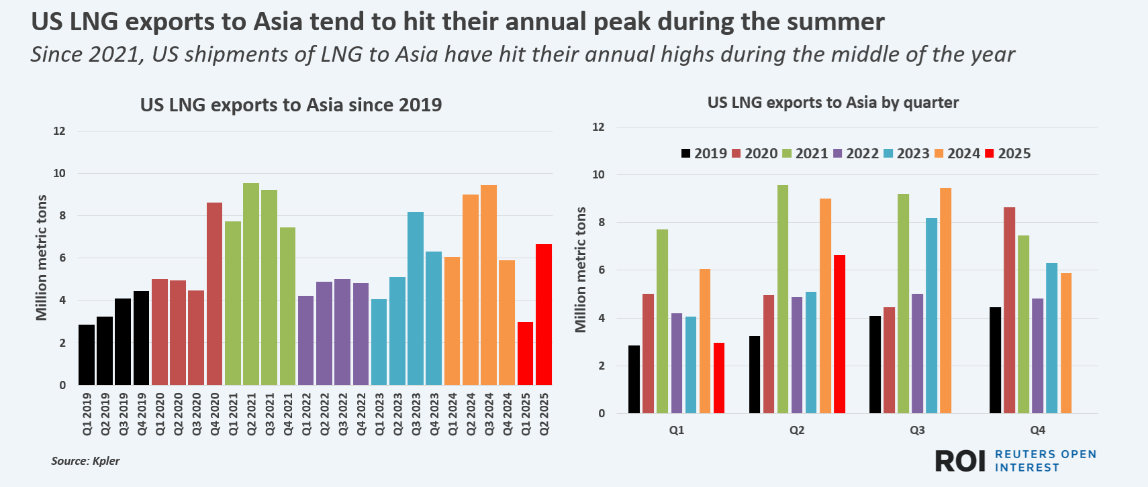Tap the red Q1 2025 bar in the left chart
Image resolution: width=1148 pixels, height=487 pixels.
(525, 354)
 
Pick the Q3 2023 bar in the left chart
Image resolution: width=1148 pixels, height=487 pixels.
(416, 299)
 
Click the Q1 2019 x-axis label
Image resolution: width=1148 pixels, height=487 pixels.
(87, 414)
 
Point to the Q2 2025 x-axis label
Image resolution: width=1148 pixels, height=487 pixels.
(544, 414)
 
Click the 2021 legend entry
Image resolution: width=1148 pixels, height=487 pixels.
(805, 154)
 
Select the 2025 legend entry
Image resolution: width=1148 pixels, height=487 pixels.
(1008, 154)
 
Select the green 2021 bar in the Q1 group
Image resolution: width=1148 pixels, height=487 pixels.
(662, 321)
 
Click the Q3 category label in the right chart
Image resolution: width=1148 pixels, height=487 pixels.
(917, 430)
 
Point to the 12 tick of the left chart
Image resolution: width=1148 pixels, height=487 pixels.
(60, 131)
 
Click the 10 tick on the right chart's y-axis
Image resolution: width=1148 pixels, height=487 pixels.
(597, 175)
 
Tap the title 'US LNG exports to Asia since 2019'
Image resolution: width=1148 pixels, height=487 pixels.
(291, 105)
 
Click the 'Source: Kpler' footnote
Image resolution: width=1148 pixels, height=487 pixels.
(85, 461)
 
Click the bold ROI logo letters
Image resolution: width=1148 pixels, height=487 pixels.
(960, 461)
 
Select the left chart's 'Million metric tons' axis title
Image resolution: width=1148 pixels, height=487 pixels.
(42, 258)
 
